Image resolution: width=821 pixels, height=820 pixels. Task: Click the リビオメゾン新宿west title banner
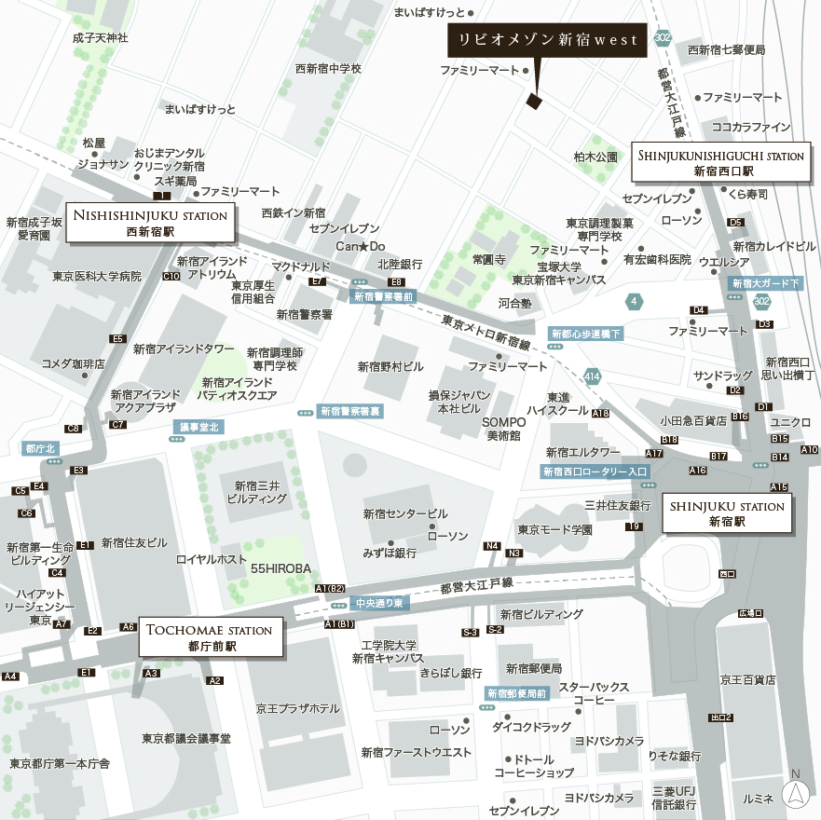click(544, 41)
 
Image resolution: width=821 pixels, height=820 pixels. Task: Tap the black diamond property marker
click(534, 101)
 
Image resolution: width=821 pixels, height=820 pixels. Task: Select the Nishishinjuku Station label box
click(150, 222)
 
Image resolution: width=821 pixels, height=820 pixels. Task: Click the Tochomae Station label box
click(212, 637)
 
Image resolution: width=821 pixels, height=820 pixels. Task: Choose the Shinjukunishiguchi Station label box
click(721, 163)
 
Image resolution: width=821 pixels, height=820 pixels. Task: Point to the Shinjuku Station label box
click(727, 514)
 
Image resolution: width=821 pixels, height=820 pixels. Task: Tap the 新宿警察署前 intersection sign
click(384, 296)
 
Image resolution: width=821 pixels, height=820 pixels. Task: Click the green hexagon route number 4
click(635, 301)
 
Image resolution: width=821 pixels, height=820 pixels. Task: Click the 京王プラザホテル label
click(298, 708)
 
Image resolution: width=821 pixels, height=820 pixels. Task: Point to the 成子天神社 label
click(100, 38)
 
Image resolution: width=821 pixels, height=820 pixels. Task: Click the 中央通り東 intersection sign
click(378, 604)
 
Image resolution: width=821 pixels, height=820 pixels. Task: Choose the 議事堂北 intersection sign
click(198, 427)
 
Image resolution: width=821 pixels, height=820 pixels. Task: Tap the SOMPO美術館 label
click(504, 429)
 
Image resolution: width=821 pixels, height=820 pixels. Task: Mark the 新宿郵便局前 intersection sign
click(517, 693)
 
